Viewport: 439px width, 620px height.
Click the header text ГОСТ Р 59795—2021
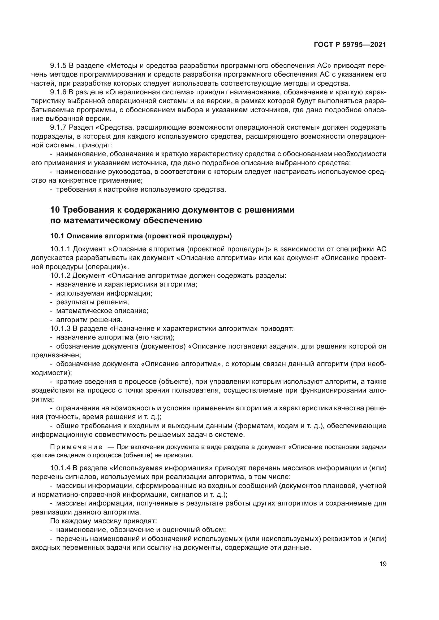pos(350,45)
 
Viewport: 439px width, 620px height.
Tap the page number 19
pos(383,564)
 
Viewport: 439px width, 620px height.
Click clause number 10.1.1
pos(61,249)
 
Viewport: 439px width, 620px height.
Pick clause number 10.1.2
pos(61,275)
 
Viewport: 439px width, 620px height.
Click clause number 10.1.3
pos(61,329)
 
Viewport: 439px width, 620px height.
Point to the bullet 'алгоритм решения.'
pos(89,320)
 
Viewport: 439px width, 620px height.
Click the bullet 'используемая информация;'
pos(104,293)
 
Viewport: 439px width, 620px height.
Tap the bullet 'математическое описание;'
pos(102,311)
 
